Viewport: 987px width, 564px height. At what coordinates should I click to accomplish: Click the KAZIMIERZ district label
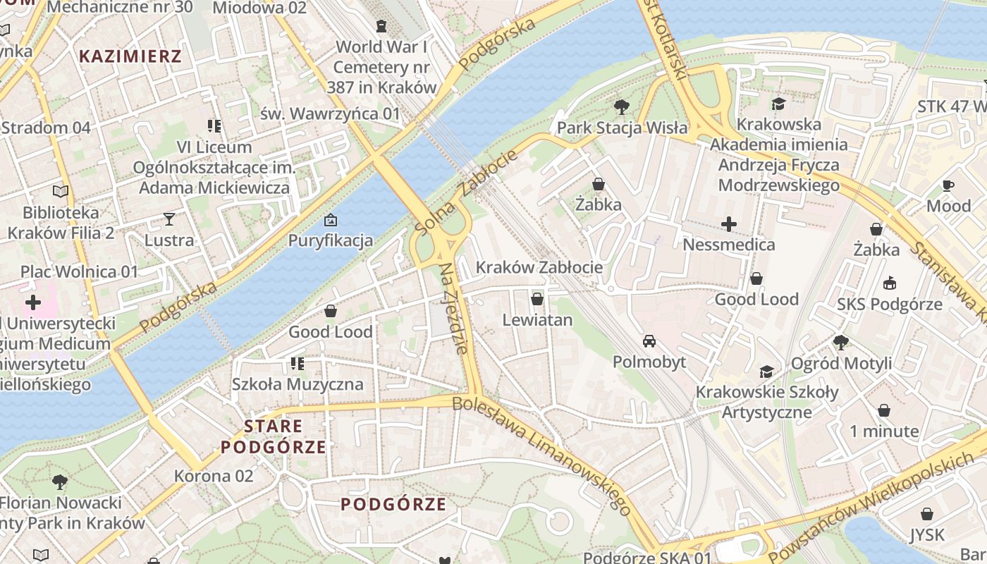130,56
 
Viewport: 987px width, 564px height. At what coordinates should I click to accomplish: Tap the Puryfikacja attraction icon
330,220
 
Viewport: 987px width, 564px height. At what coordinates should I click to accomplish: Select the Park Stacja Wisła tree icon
621,107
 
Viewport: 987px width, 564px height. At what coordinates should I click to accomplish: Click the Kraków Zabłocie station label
539,267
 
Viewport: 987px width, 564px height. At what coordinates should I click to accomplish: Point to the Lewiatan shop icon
537,299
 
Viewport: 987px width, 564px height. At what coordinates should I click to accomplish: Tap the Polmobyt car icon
649,341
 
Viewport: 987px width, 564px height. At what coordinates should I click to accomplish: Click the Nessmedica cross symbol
729,224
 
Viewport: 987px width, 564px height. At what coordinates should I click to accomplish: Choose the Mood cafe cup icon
948,185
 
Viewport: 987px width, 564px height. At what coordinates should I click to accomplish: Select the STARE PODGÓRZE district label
274,436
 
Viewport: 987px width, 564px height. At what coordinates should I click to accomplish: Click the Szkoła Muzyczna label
298,384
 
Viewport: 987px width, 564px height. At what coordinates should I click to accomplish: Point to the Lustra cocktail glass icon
169,219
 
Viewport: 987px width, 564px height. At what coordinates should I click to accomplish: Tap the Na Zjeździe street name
453,309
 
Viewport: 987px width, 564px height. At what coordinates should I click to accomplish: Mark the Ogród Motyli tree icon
840,343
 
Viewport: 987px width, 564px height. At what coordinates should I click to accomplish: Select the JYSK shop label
926,535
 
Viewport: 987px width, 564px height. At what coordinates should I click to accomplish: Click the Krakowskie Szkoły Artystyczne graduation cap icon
766,372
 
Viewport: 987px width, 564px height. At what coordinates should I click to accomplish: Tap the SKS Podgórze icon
890,283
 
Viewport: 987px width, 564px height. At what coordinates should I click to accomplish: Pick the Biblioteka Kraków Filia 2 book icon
61,191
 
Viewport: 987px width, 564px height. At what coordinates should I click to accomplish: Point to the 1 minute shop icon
884,410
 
